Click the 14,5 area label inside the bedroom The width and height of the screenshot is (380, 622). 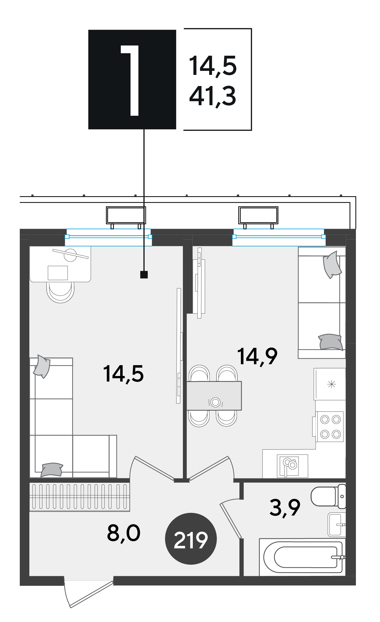pos(123,374)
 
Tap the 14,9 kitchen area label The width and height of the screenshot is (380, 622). pos(257,356)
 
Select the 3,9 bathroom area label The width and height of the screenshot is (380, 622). pos(285,508)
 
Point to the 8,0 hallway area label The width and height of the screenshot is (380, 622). pos(124,533)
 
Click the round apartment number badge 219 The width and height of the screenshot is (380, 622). pos(191,539)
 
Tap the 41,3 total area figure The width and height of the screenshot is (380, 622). pos(213,97)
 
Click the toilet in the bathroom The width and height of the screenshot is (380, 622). pos(328,496)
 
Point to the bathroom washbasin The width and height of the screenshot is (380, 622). pos(336,525)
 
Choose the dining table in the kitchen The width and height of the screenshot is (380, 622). pos(214,396)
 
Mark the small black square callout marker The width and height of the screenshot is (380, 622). pos(144,274)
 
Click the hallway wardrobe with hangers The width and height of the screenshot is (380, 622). pos(79,497)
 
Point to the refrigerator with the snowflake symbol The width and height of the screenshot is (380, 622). pos(330,384)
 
